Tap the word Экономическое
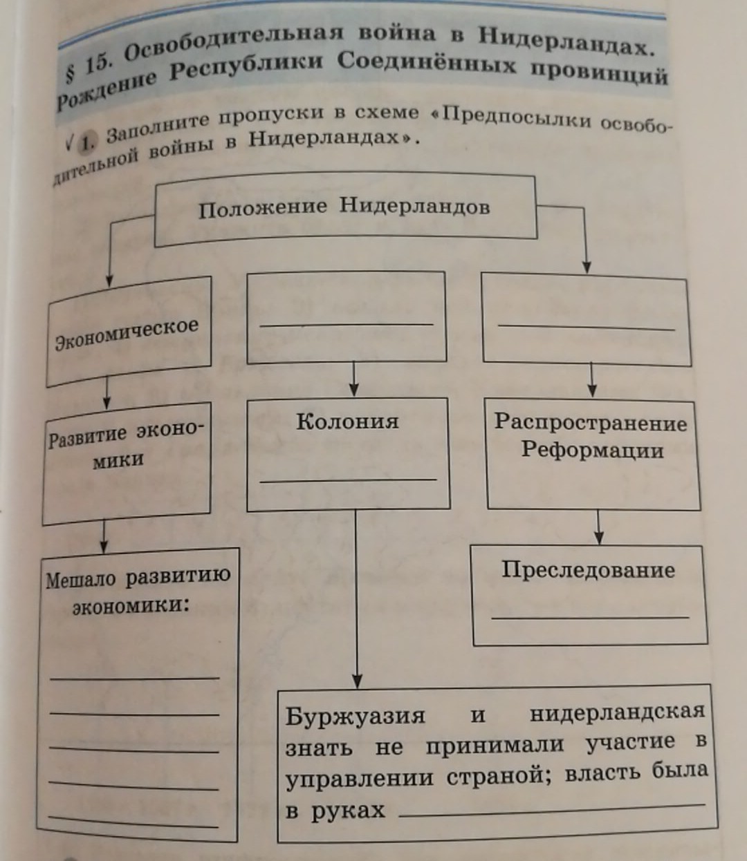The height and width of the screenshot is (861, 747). pos(127,334)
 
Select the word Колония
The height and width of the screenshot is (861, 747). pos(347,422)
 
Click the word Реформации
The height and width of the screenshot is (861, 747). pos(592,450)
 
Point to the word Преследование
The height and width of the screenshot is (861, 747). pos(588,570)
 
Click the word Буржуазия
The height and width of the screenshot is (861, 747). pos(356,716)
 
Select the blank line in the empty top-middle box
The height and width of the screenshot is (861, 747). pos(347,324)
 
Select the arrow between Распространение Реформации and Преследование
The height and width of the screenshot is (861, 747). pos(599,529)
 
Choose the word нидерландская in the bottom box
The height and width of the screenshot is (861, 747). pos(617,712)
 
